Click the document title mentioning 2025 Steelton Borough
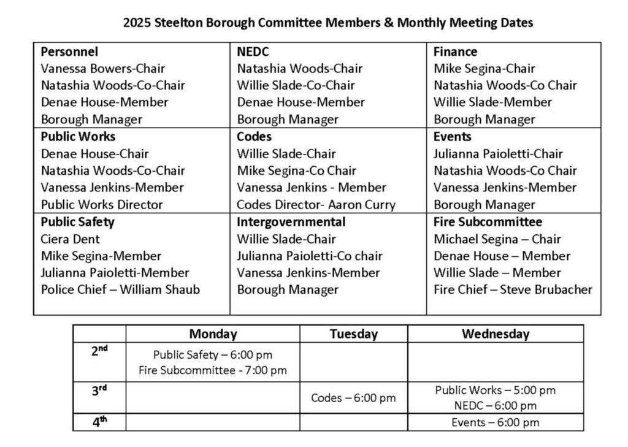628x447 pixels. pyautogui.click(x=328, y=23)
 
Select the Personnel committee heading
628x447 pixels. pyautogui.click(x=69, y=52)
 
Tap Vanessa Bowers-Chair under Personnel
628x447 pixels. pyautogui.click(x=103, y=69)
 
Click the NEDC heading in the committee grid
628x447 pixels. pyautogui.click(x=253, y=52)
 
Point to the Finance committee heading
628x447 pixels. pyautogui.click(x=455, y=52)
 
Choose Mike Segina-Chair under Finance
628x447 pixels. pyautogui.click(x=484, y=69)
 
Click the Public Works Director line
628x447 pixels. pyautogui.click(x=102, y=205)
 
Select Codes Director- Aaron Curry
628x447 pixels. pyautogui.click(x=316, y=205)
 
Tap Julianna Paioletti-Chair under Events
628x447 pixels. pyautogui.click(x=497, y=154)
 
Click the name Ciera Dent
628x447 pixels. pyautogui.click(x=70, y=239)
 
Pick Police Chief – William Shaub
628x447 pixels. pyautogui.click(x=120, y=289)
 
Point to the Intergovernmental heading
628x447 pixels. pyautogui.click(x=291, y=222)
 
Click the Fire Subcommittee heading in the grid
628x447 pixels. pyautogui.click(x=488, y=222)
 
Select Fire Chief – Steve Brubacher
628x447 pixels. pyautogui.click(x=513, y=289)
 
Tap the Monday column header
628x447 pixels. pyautogui.click(x=213, y=334)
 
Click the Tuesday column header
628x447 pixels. pyautogui.click(x=353, y=334)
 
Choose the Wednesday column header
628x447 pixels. pyautogui.click(x=495, y=334)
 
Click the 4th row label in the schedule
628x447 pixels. pyautogui.click(x=99, y=422)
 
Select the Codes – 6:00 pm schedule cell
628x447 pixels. pyautogui.click(x=353, y=398)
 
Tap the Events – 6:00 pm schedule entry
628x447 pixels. pyautogui.click(x=495, y=422)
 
